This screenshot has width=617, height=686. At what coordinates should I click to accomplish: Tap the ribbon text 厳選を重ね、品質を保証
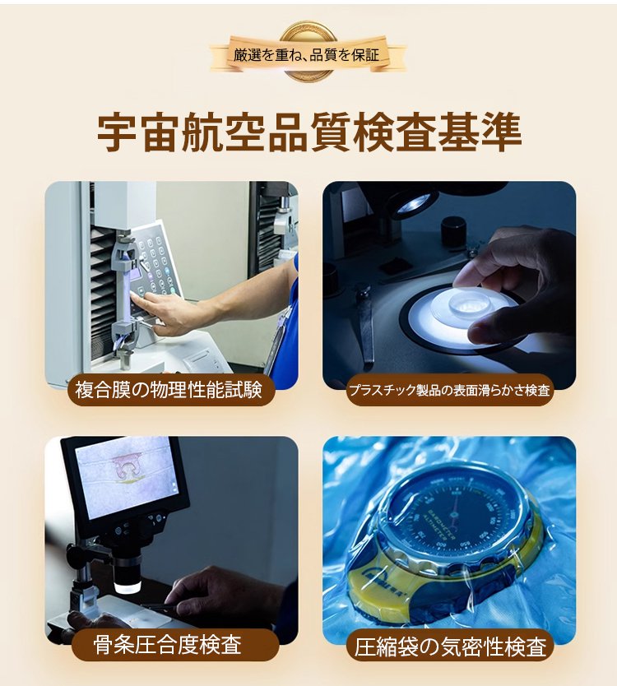point(306,56)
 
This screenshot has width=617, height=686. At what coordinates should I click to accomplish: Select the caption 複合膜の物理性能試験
point(170,388)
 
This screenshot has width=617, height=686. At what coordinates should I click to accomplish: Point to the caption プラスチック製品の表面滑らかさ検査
point(448,389)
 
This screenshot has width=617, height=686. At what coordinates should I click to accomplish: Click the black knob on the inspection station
point(453,230)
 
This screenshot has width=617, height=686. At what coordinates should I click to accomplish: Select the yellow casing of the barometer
point(387,580)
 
